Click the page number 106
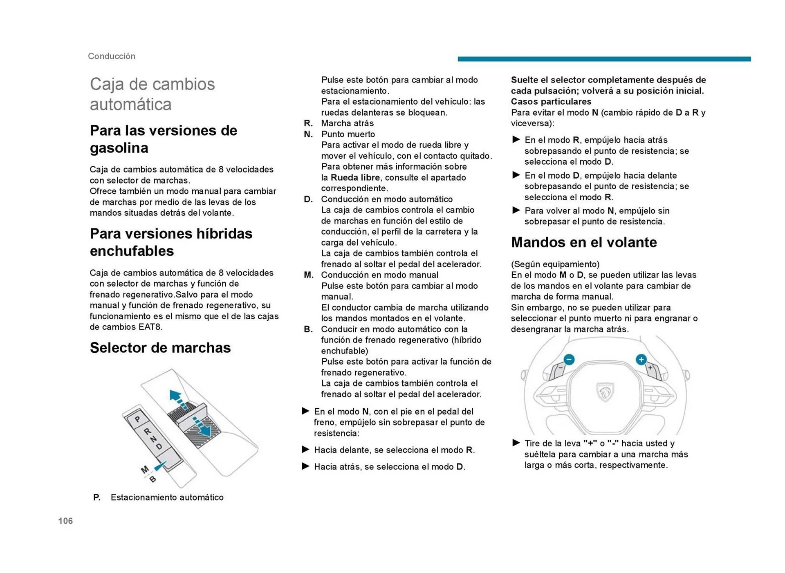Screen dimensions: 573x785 coord(65,521)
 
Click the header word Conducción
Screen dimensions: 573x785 coord(111,56)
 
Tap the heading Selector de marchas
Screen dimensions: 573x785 coord(160,347)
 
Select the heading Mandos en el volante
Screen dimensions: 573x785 coord(583,242)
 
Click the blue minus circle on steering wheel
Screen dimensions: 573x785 coord(569,359)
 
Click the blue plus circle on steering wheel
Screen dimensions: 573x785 coord(641,359)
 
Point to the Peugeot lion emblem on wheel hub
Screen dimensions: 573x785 coord(605,392)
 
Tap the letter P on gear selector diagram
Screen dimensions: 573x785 coord(137,419)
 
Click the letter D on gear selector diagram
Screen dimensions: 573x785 coord(159,447)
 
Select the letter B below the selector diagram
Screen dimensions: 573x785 coord(153,479)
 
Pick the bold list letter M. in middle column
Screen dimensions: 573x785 coord(309,275)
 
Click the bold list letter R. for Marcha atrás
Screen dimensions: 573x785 coord(308,123)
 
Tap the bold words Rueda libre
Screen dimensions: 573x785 coord(355,177)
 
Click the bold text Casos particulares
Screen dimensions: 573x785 coord(551,101)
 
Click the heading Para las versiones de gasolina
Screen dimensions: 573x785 coord(163,139)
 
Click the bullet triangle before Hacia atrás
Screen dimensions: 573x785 coord(305,466)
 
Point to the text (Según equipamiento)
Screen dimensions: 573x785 coord(555,264)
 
